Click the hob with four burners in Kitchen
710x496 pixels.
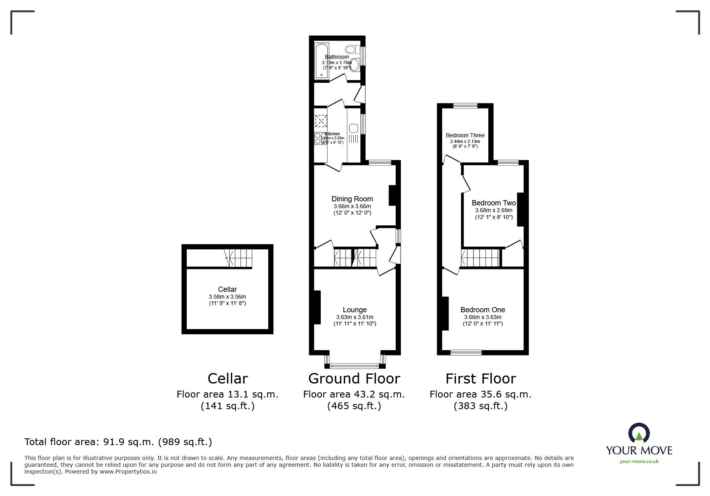coord(321,139)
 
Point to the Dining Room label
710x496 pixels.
coord(352,199)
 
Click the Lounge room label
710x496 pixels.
coord(354,310)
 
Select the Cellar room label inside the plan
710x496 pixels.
coord(227,289)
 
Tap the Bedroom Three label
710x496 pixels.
coord(465,135)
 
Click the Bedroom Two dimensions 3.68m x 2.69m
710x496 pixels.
coord(494,210)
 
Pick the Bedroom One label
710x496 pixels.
coord(482,310)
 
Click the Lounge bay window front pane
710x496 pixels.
coord(354,365)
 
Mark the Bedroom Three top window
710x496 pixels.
coord(465,106)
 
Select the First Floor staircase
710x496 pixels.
coord(481,257)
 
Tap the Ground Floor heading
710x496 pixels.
coord(354,378)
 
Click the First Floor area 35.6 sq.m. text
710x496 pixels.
coord(480,394)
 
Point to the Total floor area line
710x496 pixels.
coord(118,442)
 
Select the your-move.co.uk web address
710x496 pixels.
coord(639,462)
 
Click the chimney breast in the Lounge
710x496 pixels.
coord(317,307)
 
